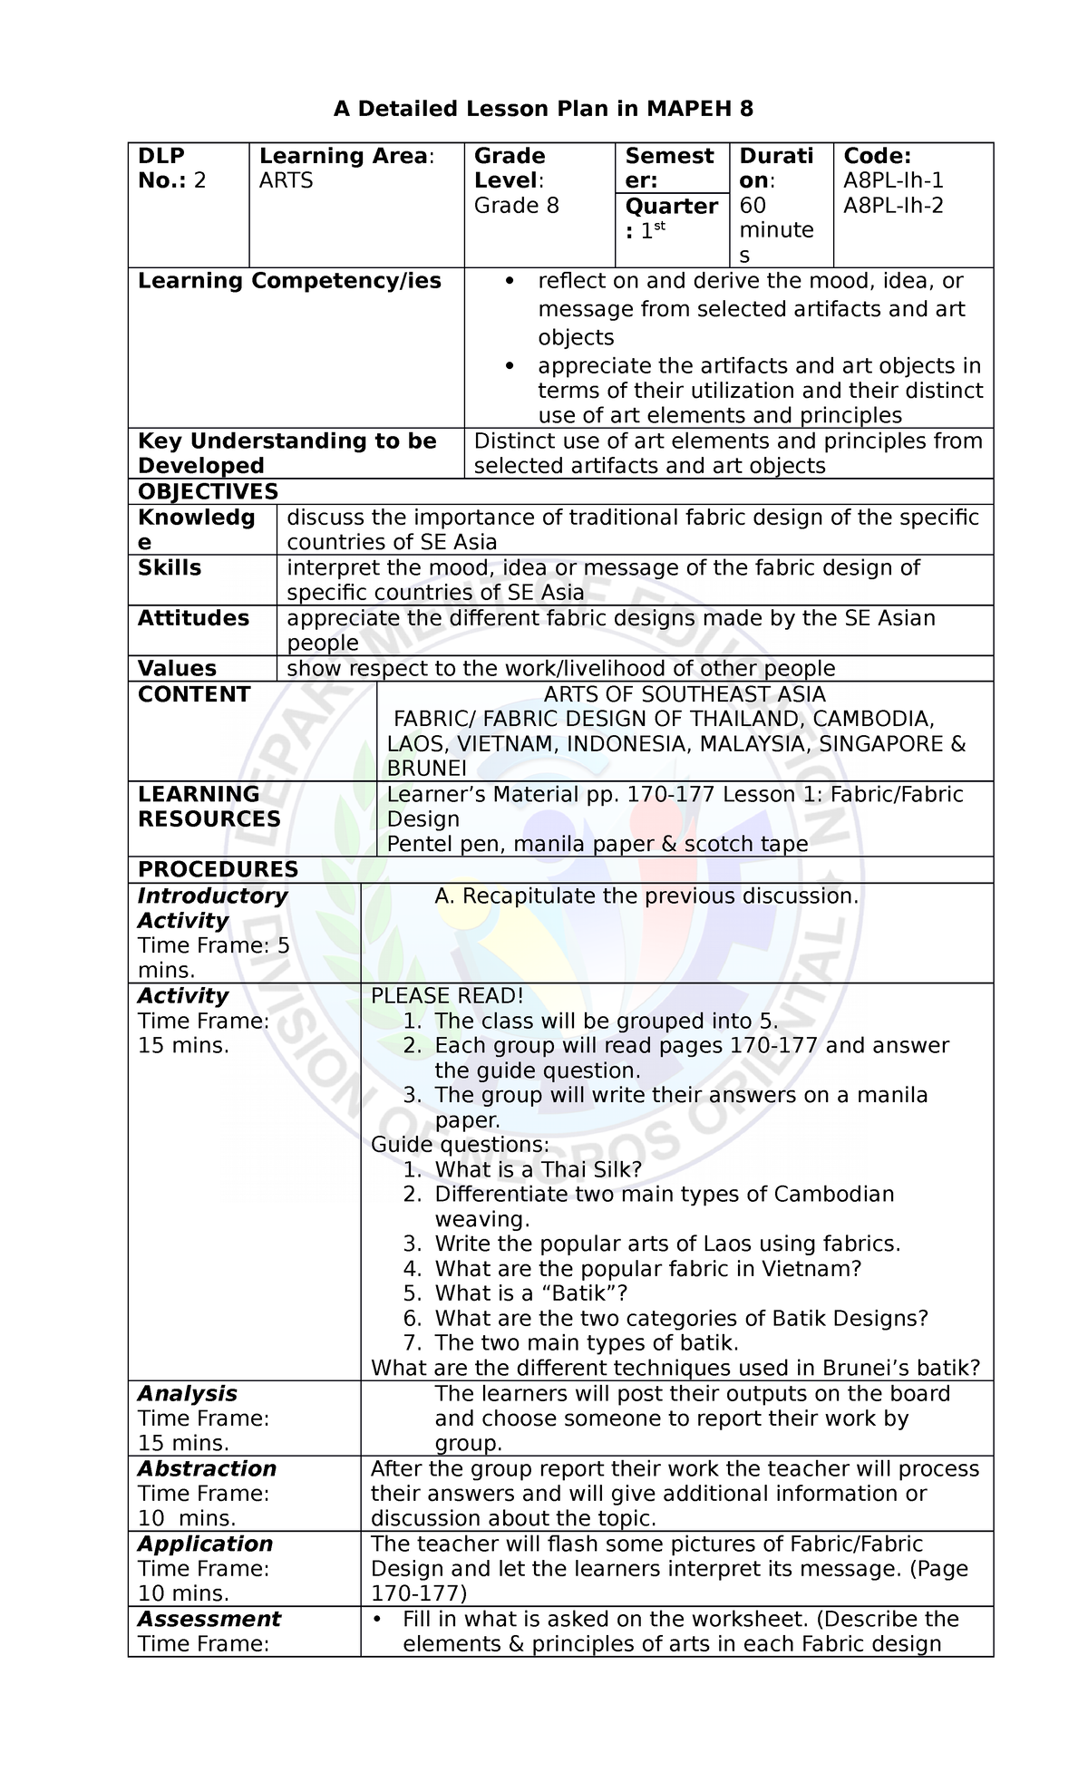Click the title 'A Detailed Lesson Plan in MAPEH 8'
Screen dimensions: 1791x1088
(x=543, y=110)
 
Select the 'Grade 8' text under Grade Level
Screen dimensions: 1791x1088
(x=517, y=206)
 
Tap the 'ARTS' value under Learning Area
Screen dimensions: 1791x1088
(x=286, y=180)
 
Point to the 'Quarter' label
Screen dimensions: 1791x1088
(x=671, y=207)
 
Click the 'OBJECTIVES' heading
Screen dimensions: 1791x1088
(x=208, y=491)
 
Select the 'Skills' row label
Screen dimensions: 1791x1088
(x=170, y=568)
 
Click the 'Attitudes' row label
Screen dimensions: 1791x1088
(x=193, y=618)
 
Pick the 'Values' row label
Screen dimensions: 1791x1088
(x=177, y=669)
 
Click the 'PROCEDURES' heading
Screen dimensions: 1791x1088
(x=218, y=869)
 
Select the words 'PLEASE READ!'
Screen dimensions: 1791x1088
(x=447, y=995)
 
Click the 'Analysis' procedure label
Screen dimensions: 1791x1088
(x=187, y=1394)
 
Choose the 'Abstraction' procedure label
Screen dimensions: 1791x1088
(x=207, y=1469)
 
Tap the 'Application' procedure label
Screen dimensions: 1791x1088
(x=206, y=1544)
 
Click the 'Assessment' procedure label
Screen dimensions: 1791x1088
(x=209, y=1620)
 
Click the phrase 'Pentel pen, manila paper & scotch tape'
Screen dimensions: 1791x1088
(x=597, y=844)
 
